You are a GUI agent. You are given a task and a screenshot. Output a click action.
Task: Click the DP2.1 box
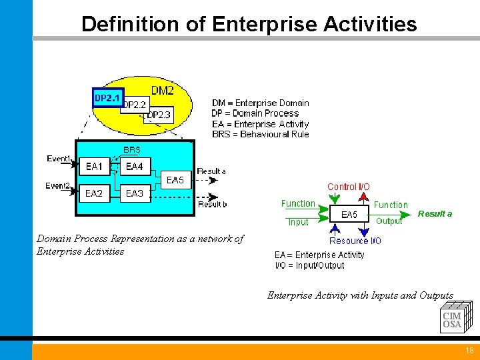pos(107,98)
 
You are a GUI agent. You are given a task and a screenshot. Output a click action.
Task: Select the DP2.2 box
pos(136,105)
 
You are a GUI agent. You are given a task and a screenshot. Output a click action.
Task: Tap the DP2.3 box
pos(159,115)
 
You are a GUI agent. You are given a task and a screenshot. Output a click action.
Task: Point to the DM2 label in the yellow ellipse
pos(163,90)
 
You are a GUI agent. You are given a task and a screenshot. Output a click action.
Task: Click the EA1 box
pos(94,167)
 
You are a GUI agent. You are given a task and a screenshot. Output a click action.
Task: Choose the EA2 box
pos(94,193)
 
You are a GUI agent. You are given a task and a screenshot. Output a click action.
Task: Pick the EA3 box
pos(135,193)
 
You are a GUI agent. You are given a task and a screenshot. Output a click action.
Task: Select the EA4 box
pos(135,167)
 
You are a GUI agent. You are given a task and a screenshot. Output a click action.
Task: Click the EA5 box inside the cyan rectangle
pos(175,180)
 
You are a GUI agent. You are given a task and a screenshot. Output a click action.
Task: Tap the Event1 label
pos(59,158)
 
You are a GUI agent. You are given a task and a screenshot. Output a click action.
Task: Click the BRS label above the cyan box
pos(132,150)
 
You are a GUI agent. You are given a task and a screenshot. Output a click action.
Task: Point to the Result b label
pos(212,204)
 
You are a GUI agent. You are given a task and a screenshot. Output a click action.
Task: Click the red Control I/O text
pos(348,187)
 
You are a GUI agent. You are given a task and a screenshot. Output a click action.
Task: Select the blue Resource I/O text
pos(355,241)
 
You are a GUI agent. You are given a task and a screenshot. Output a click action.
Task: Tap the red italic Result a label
pos(435,213)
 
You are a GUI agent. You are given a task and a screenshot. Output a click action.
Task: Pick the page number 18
pos(469,351)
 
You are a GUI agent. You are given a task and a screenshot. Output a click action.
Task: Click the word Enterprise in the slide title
pos(265,25)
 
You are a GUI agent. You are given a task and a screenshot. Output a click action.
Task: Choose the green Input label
pos(298,222)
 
